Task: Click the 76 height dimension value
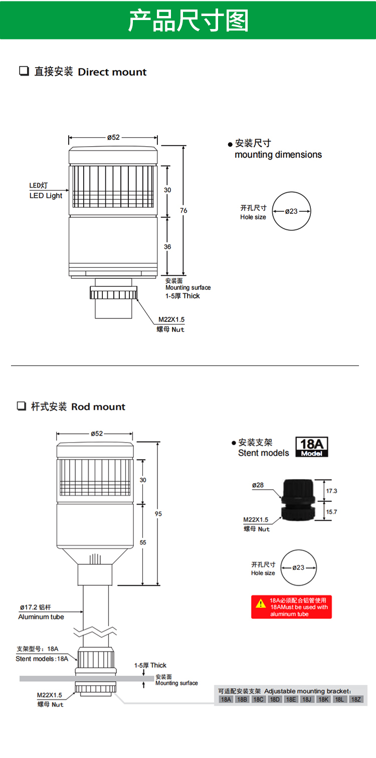[x=183, y=210]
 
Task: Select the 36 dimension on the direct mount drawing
[x=167, y=246]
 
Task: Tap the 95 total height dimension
[x=158, y=514]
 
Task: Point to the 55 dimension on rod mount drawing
[x=143, y=542]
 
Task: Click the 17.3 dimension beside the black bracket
[x=331, y=491]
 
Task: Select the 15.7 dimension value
[x=331, y=512]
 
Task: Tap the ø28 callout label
[x=258, y=485]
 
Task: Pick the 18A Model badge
[x=312, y=447]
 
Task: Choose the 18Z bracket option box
[x=355, y=699]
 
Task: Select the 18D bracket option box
[x=274, y=699]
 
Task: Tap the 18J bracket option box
[x=307, y=699]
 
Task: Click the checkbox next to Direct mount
[x=24, y=71]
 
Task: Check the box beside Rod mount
[x=21, y=406]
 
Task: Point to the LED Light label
[x=46, y=195]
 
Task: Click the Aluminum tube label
[x=41, y=617]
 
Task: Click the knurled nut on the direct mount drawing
[x=114, y=292]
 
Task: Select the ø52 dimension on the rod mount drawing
[x=96, y=434]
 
